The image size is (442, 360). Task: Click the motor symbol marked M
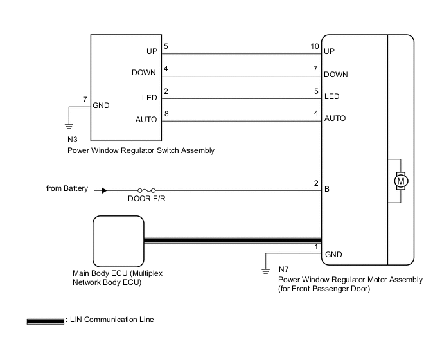click(x=402, y=181)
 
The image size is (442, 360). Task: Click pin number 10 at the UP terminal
click(x=314, y=46)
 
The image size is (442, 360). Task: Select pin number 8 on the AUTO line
click(x=166, y=113)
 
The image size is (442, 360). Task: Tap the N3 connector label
click(x=73, y=139)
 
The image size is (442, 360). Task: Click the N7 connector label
click(x=285, y=269)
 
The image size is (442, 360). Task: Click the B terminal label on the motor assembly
click(x=327, y=190)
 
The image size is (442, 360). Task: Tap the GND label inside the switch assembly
click(x=101, y=105)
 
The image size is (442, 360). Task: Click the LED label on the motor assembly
click(x=331, y=96)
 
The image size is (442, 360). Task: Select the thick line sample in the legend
click(x=46, y=319)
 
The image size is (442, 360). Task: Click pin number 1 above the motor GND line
click(x=316, y=247)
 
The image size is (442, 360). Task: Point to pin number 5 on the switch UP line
click(x=166, y=46)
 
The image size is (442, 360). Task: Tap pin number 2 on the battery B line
click(x=316, y=183)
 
